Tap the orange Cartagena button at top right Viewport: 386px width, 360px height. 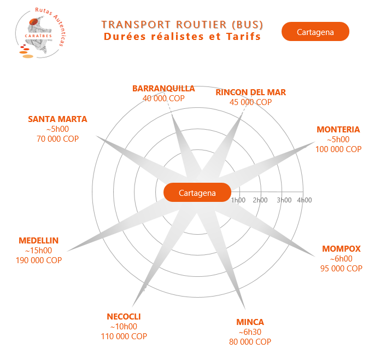315,32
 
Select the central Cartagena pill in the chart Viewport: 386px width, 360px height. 197,193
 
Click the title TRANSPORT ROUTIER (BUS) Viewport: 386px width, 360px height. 182,25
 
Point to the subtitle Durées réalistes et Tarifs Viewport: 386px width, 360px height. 182,37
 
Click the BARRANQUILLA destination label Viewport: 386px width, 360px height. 163,89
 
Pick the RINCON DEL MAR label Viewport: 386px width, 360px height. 250,92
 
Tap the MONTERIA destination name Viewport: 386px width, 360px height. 338,130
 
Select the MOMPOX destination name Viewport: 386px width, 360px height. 341,249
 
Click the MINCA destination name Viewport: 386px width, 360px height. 250,322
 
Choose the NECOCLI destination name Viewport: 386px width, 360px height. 124,317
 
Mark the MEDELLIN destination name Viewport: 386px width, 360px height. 38,241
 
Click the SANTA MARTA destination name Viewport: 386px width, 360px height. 57,119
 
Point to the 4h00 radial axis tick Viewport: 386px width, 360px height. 304,200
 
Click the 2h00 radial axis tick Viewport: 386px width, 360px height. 260,200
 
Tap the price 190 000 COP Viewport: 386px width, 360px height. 38,260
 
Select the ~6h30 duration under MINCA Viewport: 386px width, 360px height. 250,332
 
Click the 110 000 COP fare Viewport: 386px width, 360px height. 124,336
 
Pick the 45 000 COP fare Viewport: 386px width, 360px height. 250,102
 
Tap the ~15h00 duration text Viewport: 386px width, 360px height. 38,251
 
